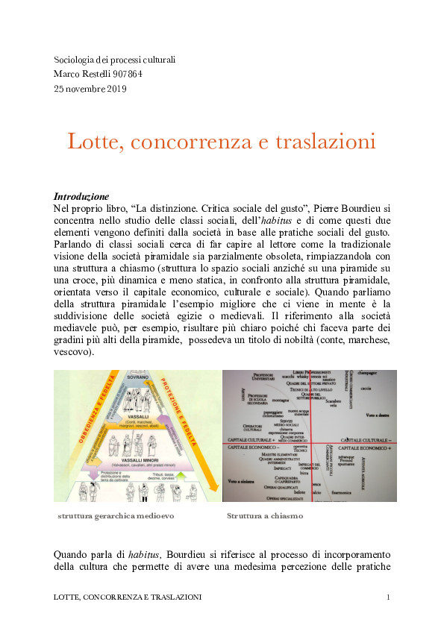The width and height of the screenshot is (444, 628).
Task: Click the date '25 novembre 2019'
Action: pyautogui.click(x=90, y=89)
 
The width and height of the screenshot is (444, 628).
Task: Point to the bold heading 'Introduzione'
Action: pyautogui.click(x=81, y=197)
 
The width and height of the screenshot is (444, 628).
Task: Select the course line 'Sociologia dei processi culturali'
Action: pyautogui.click(x=114, y=60)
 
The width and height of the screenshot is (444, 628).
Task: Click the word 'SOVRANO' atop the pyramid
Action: pyautogui.click(x=138, y=377)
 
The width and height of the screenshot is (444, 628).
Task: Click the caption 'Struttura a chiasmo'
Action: pyautogui.click(x=265, y=515)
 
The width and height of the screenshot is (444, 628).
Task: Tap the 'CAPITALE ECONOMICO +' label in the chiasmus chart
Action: pyautogui.click(x=366, y=448)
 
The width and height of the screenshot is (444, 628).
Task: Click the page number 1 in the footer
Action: pyautogui.click(x=389, y=597)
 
